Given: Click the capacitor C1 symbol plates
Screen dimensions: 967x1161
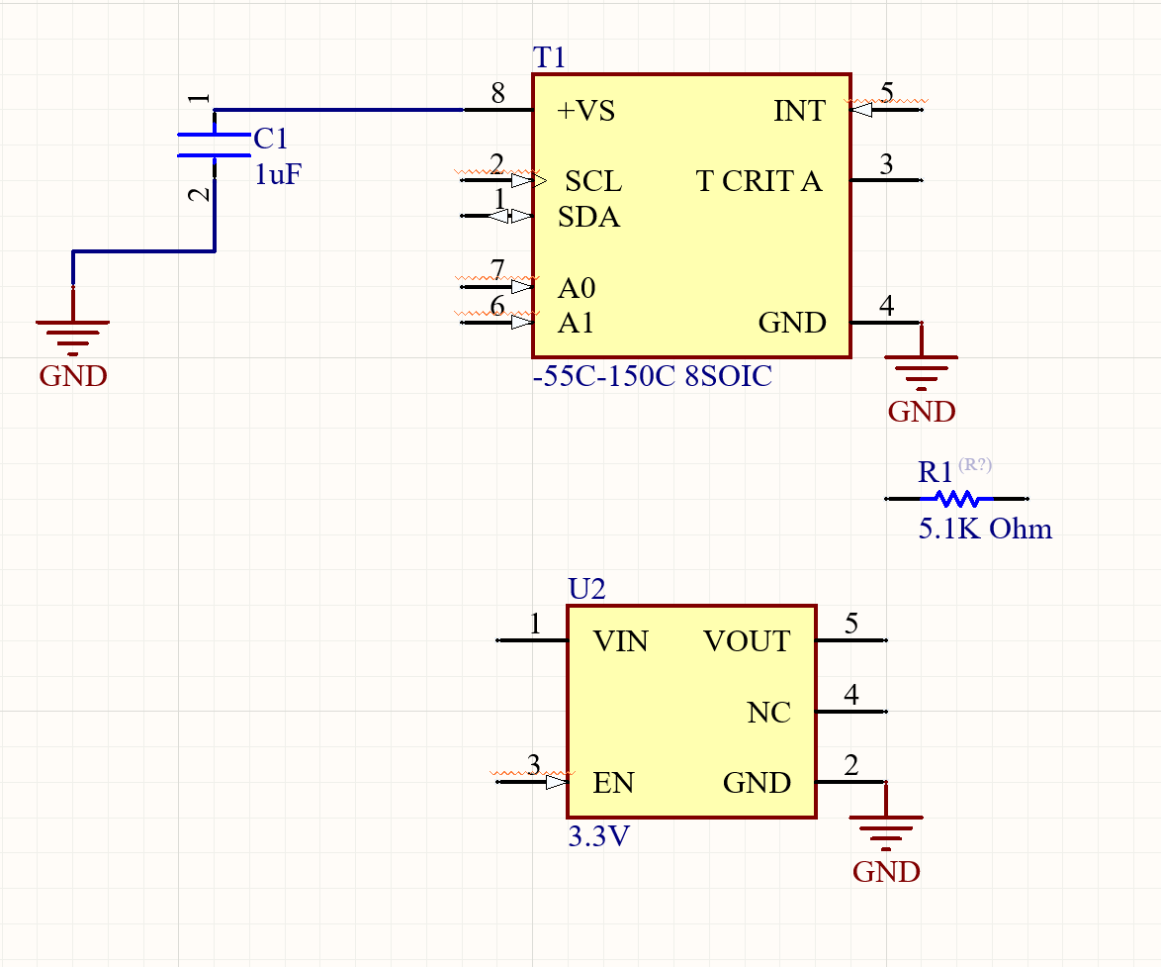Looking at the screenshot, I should (x=214, y=145).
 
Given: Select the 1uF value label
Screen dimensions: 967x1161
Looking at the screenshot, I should (x=278, y=175).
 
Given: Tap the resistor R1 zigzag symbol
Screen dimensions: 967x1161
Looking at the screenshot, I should (x=956, y=499).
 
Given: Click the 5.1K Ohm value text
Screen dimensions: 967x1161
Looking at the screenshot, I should (x=985, y=529).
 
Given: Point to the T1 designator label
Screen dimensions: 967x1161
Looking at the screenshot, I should (x=549, y=58).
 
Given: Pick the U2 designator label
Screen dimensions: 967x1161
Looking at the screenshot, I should (x=586, y=590).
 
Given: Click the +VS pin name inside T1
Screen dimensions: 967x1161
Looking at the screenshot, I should (x=585, y=111).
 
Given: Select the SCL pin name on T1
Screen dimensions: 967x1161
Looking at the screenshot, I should (x=593, y=181).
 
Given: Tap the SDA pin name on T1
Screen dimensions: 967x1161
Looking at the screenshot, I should (x=589, y=217).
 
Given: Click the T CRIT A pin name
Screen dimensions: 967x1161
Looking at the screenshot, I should (x=759, y=181).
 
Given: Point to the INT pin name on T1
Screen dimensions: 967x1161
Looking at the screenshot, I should (x=798, y=111).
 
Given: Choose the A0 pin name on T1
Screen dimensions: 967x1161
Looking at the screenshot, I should (x=577, y=288).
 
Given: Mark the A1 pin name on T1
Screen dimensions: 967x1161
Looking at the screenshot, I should (x=577, y=324).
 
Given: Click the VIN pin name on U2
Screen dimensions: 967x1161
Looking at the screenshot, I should (x=620, y=641).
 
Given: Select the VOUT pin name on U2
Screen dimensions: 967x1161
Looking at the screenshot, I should (x=747, y=641).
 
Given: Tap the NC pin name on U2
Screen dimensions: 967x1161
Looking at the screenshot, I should (x=768, y=713).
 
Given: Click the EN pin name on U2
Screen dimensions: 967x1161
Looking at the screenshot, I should (x=613, y=783).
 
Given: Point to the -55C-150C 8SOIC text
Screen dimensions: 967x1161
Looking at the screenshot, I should (x=652, y=377).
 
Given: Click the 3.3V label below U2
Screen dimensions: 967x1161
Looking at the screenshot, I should (x=599, y=836).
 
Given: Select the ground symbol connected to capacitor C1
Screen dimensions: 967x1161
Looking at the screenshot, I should (x=72, y=335).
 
